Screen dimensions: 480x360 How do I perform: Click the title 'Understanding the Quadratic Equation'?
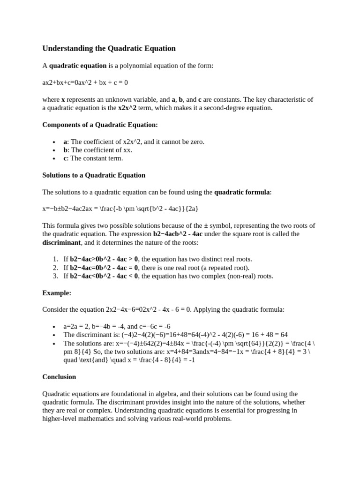point(109,48)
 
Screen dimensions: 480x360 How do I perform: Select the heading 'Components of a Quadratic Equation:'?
point(100,125)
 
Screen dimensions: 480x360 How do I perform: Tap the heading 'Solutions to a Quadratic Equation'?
point(94,175)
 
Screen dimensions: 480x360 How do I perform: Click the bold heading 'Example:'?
point(57,293)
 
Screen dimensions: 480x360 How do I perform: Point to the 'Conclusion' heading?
point(59,377)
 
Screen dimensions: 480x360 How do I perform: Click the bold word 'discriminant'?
point(61,242)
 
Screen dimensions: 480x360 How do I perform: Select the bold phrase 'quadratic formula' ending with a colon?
point(243,192)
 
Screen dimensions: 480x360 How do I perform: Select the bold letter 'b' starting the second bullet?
point(66,150)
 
